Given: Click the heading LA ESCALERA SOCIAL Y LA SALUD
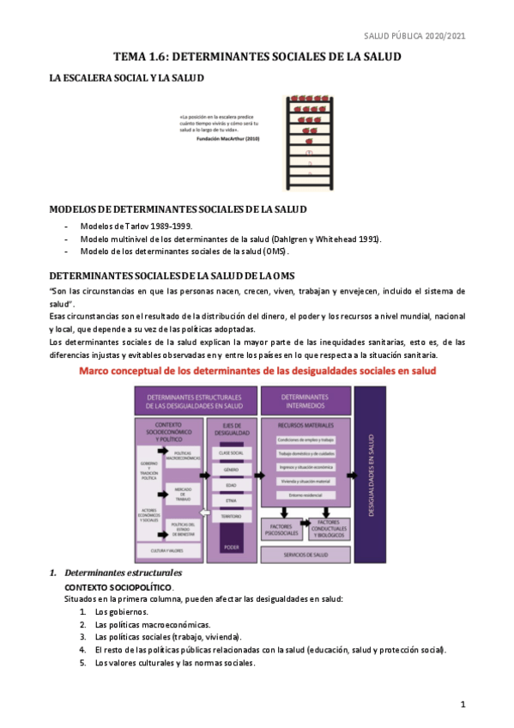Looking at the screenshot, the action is point(126,78).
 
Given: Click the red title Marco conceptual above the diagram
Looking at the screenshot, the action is point(257,371).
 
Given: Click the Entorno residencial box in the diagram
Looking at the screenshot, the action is point(305,496).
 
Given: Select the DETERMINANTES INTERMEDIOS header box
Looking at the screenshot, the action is point(305,401).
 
